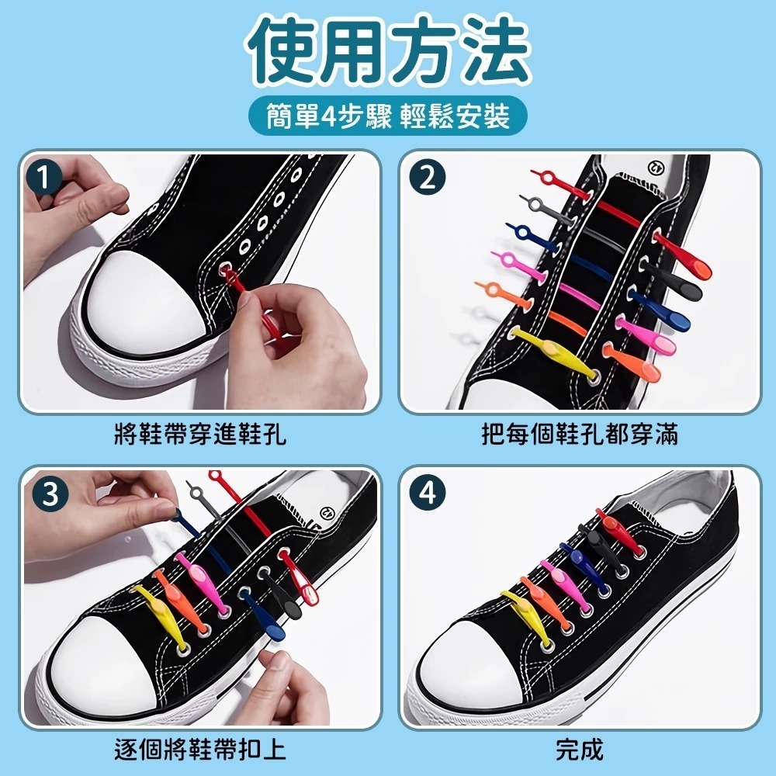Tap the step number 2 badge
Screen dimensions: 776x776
(428, 177)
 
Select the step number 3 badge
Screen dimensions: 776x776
(50, 494)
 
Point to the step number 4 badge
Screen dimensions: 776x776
(428, 493)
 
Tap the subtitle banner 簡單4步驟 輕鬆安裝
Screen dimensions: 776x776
(388, 117)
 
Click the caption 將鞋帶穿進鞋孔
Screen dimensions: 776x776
(200, 434)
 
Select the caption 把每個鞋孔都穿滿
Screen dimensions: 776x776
(580, 434)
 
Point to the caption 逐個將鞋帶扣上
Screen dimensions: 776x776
(200, 750)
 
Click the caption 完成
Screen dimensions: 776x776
(580, 750)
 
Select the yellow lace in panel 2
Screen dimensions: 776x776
(553, 352)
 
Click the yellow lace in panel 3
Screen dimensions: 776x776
(161, 617)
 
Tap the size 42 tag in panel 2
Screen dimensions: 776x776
(655, 168)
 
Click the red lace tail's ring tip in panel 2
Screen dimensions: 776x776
(547, 176)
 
